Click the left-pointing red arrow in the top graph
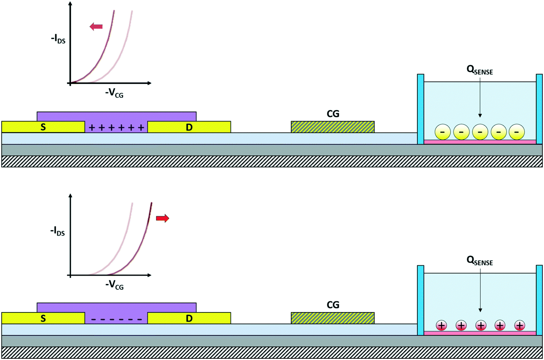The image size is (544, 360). click(96, 26)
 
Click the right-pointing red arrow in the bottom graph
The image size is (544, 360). click(162, 219)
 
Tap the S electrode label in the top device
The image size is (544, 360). click(43, 127)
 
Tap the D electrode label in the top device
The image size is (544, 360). click(189, 127)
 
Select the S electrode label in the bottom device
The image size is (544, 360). click(43, 319)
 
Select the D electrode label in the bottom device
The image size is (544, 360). click(189, 319)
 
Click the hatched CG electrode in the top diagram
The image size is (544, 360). click(333, 127)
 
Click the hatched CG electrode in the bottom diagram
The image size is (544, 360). click(333, 318)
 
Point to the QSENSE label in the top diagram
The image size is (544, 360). click(480, 70)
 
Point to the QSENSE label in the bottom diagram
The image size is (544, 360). click(480, 261)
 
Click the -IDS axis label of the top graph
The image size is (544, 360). click(58, 39)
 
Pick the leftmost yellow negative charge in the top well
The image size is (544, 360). click(442, 132)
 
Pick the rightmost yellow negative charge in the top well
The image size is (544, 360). click(517, 132)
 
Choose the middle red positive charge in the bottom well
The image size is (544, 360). click(480, 325)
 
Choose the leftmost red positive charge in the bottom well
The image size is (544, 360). click(442, 325)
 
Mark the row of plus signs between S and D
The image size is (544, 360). click(116, 128)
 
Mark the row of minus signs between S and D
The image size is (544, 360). click(116, 319)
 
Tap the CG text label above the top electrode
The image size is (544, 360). click(333, 114)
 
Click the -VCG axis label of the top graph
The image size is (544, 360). click(114, 93)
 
